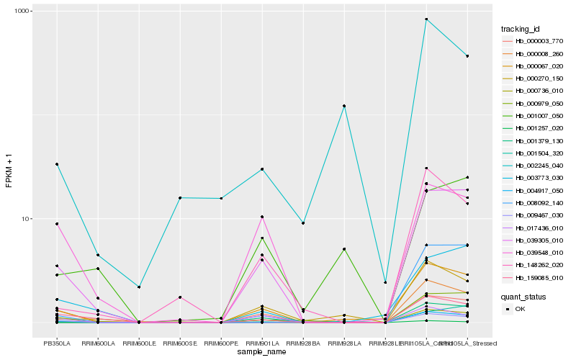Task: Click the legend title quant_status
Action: click(x=523, y=296)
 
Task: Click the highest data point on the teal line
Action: click(x=426, y=19)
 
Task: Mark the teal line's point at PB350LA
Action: click(x=57, y=164)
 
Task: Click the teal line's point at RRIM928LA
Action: click(x=344, y=106)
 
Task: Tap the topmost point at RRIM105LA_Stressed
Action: click(x=467, y=56)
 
